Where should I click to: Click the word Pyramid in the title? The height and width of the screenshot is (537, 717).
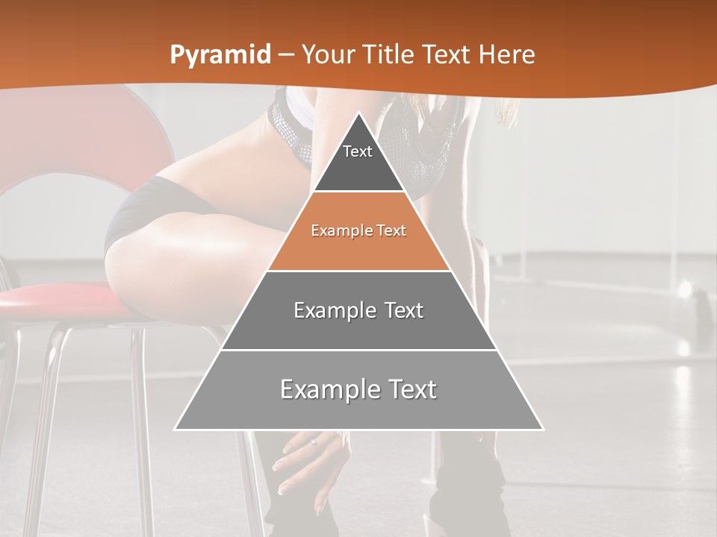coord(220,54)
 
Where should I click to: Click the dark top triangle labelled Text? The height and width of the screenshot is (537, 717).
coord(358,160)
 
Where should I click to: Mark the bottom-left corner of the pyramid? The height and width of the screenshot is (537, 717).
coord(175,430)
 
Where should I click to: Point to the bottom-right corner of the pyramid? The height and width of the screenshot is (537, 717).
coord(543,430)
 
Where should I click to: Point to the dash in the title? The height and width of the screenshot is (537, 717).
coord(285,54)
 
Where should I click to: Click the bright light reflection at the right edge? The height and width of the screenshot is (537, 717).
coord(684,289)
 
